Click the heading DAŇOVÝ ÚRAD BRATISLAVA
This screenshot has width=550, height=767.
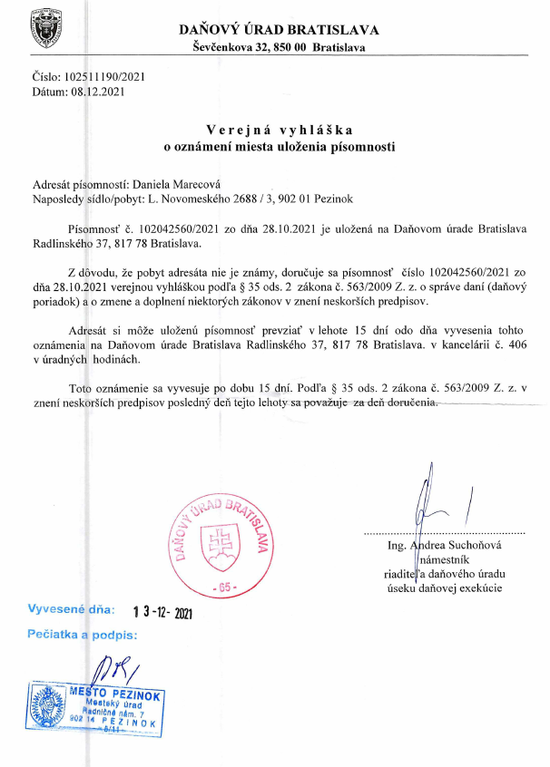tap(280, 30)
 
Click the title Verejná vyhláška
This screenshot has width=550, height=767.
tap(279, 129)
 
